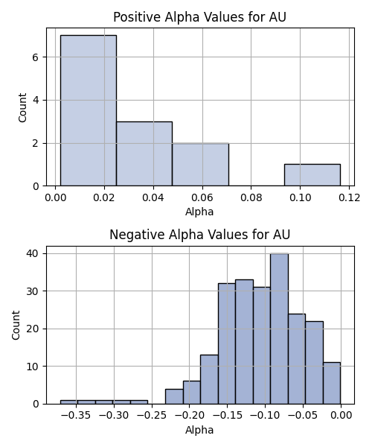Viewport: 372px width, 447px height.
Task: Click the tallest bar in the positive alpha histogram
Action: pyautogui.click(x=89, y=110)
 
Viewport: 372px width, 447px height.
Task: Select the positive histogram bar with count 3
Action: pyautogui.click(x=144, y=154)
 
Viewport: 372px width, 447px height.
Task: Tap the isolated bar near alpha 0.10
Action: pyautogui.click(x=312, y=175)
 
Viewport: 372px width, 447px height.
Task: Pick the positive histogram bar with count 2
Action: pyautogui.click(x=200, y=165)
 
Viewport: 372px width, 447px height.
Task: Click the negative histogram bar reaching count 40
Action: pyautogui.click(x=279, y=329)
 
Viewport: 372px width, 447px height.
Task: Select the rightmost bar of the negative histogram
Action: pyautogui.click(x=332, y=383)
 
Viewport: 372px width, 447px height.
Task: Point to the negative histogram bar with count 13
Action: pyautogui.click(x=209, y=379)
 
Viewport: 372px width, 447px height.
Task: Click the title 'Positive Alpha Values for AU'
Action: pyautogui.click(x=199, y=17)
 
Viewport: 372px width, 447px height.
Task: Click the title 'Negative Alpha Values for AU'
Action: pyautogui.click(x=199, y=235)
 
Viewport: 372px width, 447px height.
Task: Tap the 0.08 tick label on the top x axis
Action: pyautogui.click(x=251, y=197)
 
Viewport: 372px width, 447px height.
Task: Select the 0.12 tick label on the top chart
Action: pyautogui.click(x=349, y=197)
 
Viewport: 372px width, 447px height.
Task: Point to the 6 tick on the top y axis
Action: pyautogui.click(x=35, y=57)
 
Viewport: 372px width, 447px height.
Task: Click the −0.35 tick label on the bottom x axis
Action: pyautogui.click(x=76, y=416)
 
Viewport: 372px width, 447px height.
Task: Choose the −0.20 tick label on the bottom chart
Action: pyautogui.click(x=190, y=416)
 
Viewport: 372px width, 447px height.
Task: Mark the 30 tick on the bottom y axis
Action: pyautogui.click(x=32, y=291)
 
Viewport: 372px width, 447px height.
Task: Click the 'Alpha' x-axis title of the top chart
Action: pyautogui.click(x=199, y=212)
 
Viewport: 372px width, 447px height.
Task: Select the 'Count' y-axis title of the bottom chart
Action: pyautogui.click(x=16, y=325)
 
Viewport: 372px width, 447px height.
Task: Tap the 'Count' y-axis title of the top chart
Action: pyautogui.click(x=22, y=107)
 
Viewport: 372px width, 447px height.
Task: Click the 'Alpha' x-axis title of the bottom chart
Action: pyautogui.click(x=199, y=430)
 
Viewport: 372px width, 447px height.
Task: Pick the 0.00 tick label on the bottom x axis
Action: pyautogui.click(x=341, y=416)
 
